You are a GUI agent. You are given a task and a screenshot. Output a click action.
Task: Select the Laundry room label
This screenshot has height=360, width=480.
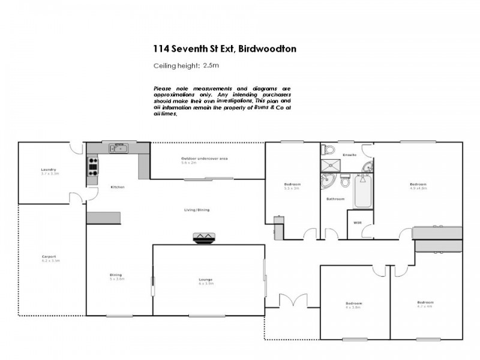click(x=49, y=170)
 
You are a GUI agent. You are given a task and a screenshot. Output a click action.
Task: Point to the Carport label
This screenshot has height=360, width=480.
click(x=49, y=257)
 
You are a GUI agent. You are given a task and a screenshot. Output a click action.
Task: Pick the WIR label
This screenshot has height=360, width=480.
click(x=358, y=223)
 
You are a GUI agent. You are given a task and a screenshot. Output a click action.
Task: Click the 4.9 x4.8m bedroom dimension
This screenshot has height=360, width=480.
click(x=418, y=188)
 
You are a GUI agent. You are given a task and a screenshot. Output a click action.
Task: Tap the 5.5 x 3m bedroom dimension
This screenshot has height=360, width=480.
click(x=292, y=188)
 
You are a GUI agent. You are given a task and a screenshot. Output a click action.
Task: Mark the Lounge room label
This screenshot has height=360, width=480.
click(x=206, y=280)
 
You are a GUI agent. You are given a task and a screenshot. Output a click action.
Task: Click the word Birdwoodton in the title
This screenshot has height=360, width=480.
click(x=267, y=49)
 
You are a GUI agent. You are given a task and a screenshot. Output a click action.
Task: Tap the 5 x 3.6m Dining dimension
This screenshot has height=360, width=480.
click(x=116, y=279)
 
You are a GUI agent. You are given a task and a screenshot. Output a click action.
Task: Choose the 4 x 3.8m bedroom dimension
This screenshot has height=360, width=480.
click(x=354, y=307)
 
